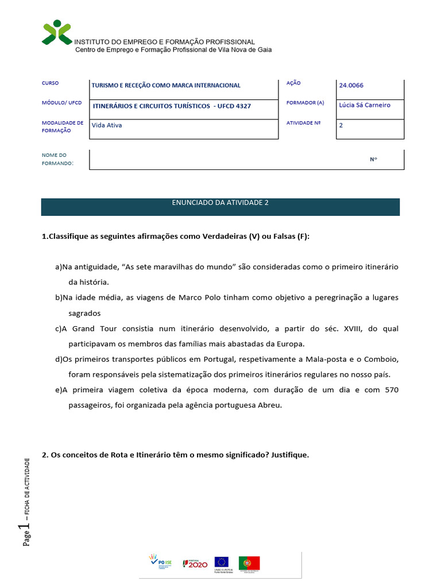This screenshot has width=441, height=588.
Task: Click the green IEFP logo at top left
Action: point(57,32)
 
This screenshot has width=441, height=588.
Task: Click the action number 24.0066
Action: point(351,86)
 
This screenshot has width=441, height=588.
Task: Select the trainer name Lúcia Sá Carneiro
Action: point(365,105)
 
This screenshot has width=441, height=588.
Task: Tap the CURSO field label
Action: point(50,83)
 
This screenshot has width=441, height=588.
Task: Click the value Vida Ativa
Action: point(107,125)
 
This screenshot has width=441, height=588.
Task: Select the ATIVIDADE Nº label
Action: point(303,123)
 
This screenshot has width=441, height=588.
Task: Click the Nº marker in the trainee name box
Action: point(373,159)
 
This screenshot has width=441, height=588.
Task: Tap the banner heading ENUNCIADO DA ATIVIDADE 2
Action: point(220,203)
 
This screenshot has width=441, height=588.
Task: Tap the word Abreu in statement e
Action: point(269,405)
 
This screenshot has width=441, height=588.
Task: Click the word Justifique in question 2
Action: point(287,455)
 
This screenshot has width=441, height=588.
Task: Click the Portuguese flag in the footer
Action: point(249,563)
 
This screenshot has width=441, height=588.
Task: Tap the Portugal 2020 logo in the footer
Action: point(195,564)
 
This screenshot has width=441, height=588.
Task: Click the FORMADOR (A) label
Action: point(305,103)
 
